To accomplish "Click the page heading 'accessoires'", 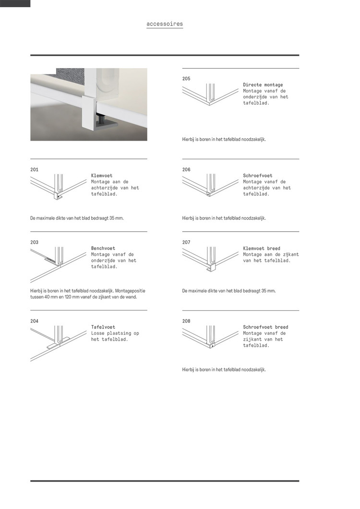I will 165,24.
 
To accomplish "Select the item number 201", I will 34,170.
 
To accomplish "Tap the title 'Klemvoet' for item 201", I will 102,176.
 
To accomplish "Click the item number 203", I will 34,243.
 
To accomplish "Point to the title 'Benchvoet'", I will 103,249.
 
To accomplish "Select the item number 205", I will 186,79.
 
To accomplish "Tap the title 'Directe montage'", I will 263,85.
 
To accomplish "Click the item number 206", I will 186,170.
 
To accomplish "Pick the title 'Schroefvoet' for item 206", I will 258,176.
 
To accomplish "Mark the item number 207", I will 186,243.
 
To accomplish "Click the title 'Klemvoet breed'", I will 262,249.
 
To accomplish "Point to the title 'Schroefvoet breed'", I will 265,327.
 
